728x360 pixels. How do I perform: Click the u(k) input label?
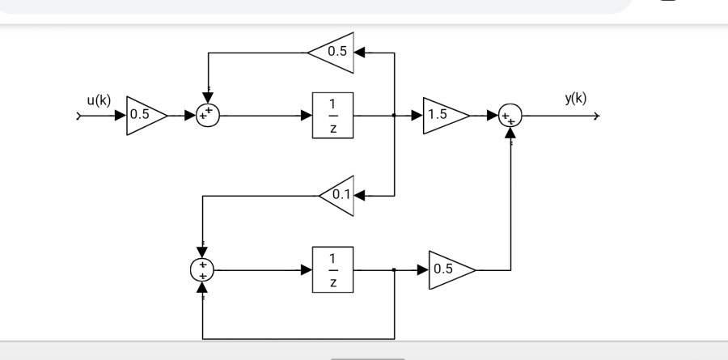tap(99, 100)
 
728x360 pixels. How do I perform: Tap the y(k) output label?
tap(576, 99)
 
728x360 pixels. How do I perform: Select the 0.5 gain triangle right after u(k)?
tap(144, 115)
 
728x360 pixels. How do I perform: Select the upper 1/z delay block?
tap(332, 116)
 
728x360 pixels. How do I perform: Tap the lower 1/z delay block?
tap(332, 269)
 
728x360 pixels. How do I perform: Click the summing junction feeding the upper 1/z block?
tap(208, 116)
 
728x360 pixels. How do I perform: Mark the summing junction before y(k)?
tap(510, 116)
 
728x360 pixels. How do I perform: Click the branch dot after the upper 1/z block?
tap(394, 116)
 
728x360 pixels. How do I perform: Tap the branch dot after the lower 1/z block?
tap(394, 269)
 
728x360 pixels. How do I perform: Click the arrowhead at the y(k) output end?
tap(596, 116)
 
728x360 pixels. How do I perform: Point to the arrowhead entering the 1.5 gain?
tap(417, 116)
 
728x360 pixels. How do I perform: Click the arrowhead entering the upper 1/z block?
tap(307, 116)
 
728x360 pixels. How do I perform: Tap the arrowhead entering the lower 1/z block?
tap(307, 269)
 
